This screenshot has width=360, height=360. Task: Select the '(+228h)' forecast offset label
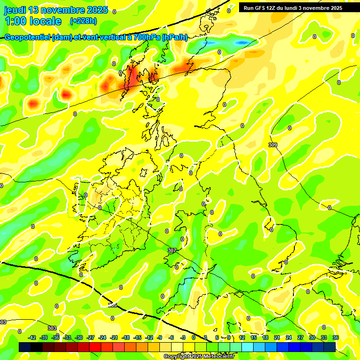[x=84, y=21]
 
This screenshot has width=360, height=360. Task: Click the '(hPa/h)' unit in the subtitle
[x=174, y=37]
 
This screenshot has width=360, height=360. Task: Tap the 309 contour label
[x=273, y=145]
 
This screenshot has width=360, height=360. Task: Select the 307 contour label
[x=172, y=251]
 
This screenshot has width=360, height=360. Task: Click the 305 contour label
[x=112, y=305]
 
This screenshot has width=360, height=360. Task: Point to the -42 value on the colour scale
[x=32, y=337]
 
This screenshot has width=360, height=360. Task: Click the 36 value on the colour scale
[x=336, y=337]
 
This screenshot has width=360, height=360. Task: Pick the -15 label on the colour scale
[x=137, y=337]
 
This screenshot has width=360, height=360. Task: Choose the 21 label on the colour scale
[x=277, y=337]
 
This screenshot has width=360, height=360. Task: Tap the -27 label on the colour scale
[x=91, y=337]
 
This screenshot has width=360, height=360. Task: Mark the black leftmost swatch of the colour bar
[x=25, y=347]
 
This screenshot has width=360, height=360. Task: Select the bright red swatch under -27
[x=95, y=347]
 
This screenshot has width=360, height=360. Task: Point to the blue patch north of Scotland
[x=242, y=43]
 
